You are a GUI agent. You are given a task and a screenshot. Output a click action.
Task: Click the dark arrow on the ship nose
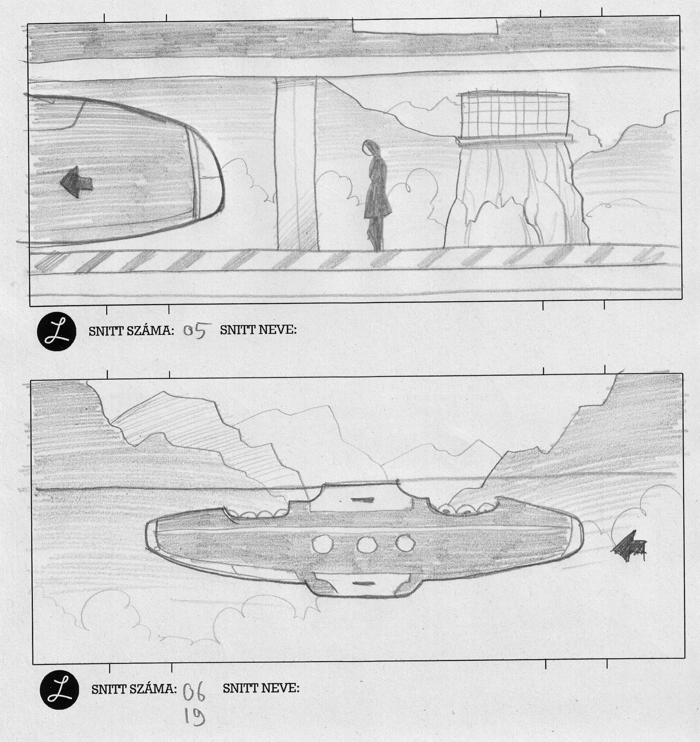coord(76,182)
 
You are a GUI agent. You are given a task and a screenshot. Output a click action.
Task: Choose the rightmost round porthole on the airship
coord(405,543)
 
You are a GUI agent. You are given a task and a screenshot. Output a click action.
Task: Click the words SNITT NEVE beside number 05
coord(258,330)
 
